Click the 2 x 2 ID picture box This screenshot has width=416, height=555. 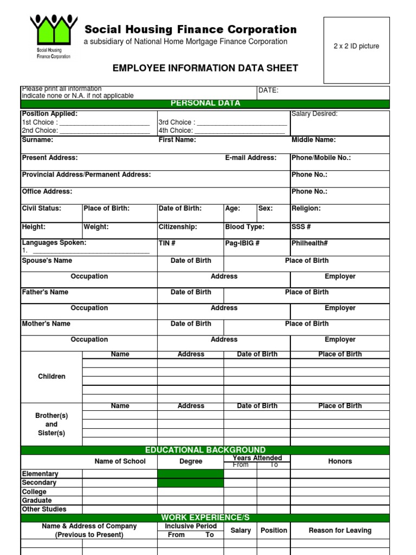356,50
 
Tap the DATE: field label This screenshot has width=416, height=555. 268,91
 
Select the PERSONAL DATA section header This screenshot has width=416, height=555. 205,104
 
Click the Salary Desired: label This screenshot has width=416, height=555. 314,114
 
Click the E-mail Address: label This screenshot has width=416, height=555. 251,158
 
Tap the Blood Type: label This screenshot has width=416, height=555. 245,227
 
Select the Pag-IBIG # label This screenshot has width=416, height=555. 242,243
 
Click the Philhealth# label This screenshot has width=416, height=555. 310,243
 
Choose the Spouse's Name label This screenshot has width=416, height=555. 47,261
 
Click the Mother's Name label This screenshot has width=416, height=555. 46,324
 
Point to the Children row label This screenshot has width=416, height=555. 51,377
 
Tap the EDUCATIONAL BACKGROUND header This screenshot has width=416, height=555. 205,450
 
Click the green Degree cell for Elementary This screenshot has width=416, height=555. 190,474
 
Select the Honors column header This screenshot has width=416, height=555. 340,461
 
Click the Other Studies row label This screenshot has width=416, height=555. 44,509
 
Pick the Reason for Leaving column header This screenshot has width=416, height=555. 340,531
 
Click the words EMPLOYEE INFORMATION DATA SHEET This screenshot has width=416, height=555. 205,68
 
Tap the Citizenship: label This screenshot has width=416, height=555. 178,227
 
